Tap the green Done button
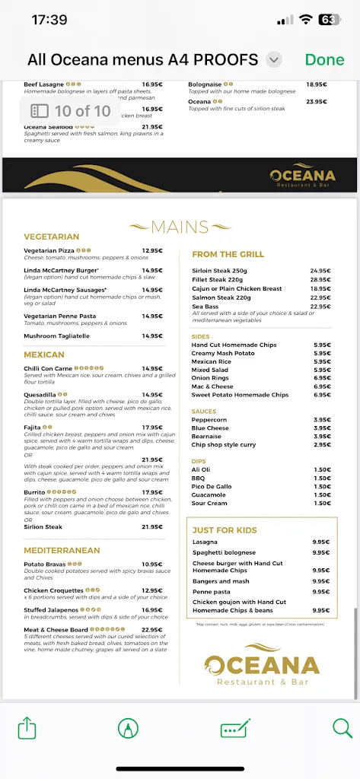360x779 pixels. (x=324, y=59)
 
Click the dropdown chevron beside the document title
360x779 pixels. (x=275, y=59)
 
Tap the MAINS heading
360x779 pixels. (x=180, y=227)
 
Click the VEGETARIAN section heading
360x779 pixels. (x=52, y=237)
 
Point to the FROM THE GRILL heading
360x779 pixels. (x=228, y=254)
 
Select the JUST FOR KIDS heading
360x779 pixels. (x=225, y=530)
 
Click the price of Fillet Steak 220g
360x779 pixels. (x=319, y=280)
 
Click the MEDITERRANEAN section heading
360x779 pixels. (x=62, y=549)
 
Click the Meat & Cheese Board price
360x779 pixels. (x=152, y=629)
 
